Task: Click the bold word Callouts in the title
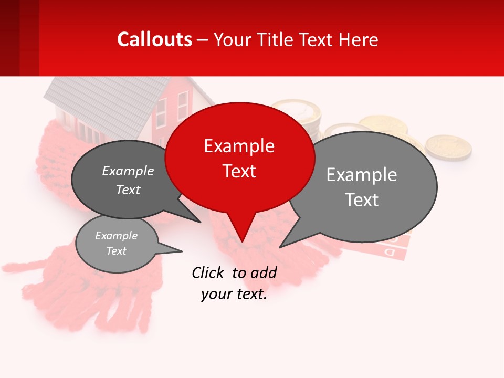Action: (155, 39)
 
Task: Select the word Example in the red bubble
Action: (239, 146)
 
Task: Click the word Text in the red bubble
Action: (239, 171)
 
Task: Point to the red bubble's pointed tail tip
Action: (242, 241)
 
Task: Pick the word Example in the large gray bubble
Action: (362, 175)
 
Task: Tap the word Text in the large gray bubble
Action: (362, 200)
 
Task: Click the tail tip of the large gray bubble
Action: (280, 247)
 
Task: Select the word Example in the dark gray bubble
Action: (128, 171)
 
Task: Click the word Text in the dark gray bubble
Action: (128, 190)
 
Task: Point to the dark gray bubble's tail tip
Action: (200, 222)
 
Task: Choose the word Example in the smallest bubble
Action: (116, 236)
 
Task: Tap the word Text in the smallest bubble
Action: (116, 251)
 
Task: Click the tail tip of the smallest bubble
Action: (182, 251)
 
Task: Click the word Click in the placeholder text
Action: (207, 272)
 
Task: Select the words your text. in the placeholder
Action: (234, 295)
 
